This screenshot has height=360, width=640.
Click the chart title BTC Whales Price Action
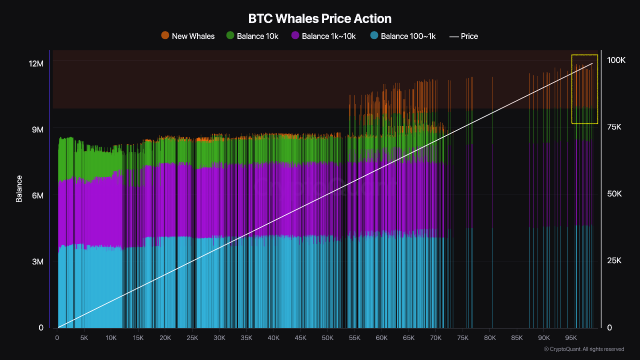320,17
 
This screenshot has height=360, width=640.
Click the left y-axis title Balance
18,195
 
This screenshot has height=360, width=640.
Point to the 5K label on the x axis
84,337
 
